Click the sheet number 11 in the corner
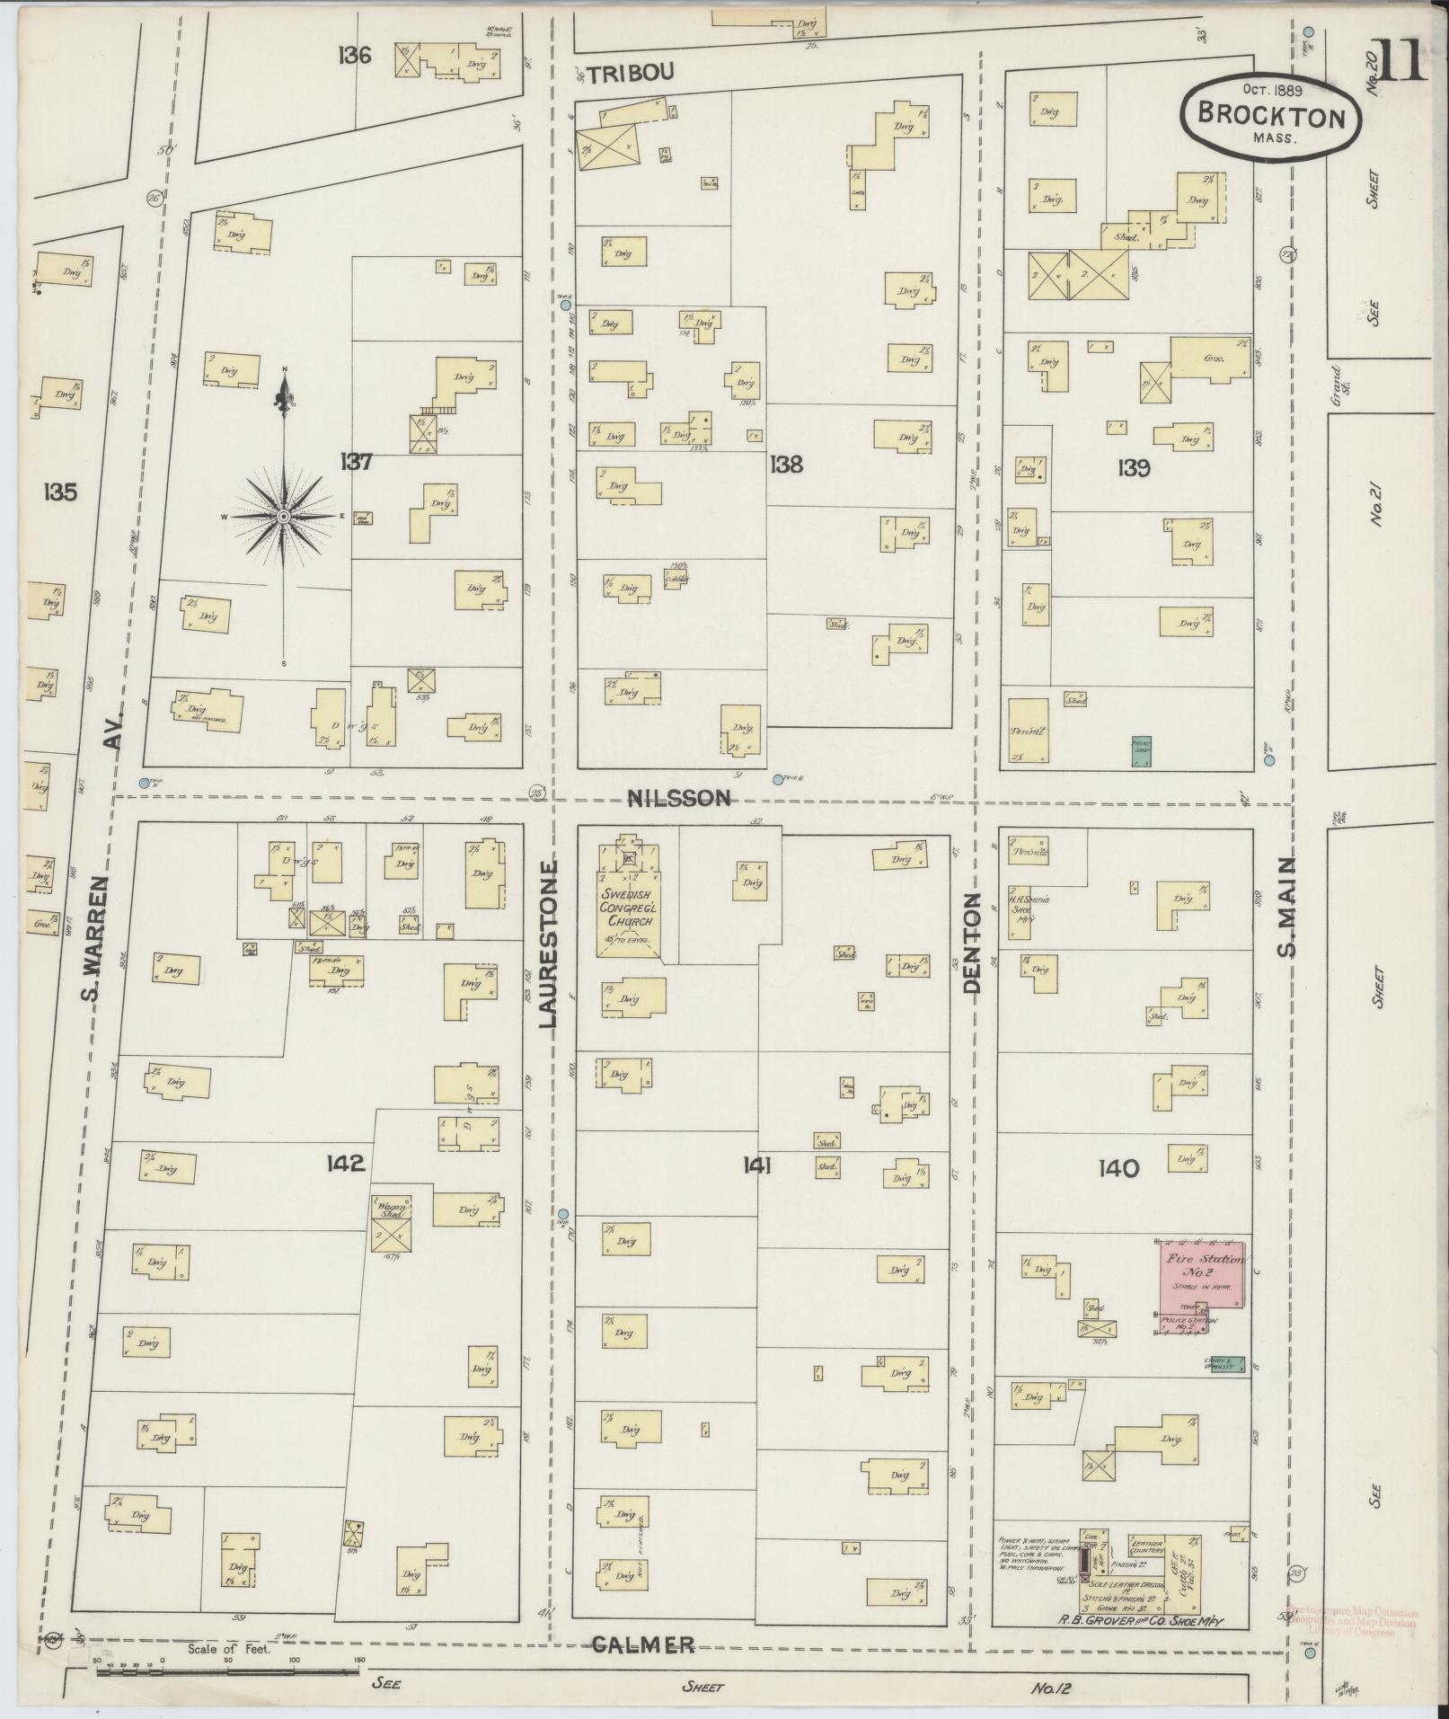[x=1400, y=60]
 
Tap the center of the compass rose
[x=284, y=517]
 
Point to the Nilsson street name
[x=679, y=797]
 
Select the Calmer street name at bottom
[x=643, y=1644]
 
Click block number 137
[x=356, y=462]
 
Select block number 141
[x=757, y=1166]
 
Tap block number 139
[x=1134, y=467]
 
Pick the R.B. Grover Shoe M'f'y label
[x=1141, y=1622]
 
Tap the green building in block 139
[x=1141, y=751]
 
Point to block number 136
[x=355, y=56]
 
